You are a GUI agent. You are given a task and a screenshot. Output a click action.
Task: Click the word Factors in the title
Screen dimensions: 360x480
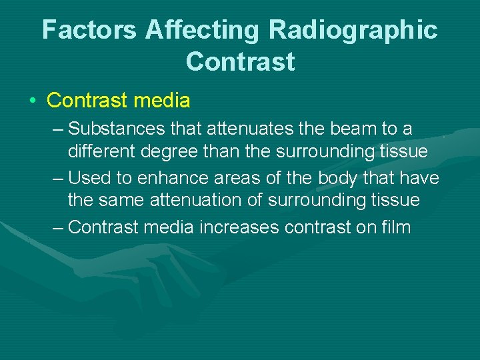[90, 30]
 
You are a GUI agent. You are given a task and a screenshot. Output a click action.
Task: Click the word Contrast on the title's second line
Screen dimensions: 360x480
[240, 61]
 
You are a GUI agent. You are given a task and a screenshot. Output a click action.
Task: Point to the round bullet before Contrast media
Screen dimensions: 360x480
[32, 101]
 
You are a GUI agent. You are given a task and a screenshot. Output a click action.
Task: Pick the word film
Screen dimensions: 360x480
[397, 227]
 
